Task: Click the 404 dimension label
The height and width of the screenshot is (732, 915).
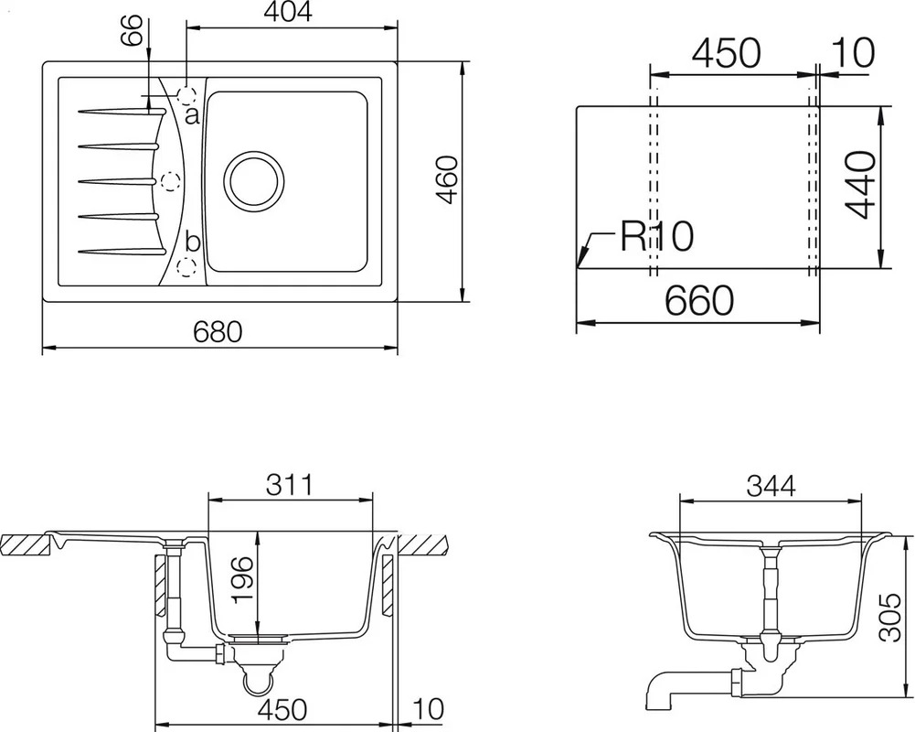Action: pos(288,12)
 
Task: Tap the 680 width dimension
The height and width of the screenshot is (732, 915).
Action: pos(217,332)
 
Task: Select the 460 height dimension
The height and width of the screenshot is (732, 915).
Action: pos(448,179)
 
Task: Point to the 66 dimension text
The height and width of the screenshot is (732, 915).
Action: pos(132,29)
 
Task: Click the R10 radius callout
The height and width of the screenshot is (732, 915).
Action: pos(656,236)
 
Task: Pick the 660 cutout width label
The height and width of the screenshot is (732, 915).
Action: pos(698,300)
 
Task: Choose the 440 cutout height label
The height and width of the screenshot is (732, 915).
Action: pos(862,185)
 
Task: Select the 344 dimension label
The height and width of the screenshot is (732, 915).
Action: pos(771,486)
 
